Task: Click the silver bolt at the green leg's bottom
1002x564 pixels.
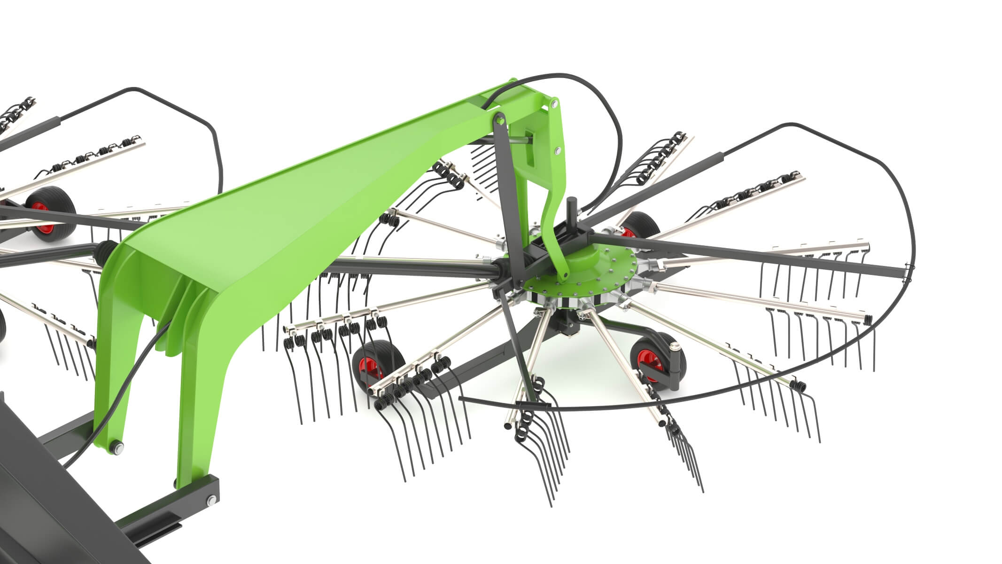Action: click(x=116, y=447)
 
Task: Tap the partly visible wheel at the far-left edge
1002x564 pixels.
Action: click(x=2, y=324)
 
